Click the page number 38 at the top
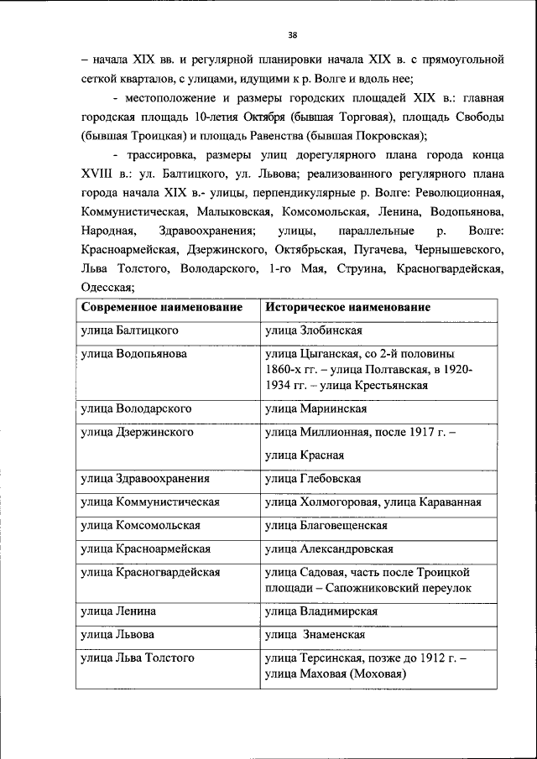[292, 34]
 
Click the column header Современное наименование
[162, 307]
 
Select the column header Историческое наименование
[347, 307]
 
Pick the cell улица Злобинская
[313, 330]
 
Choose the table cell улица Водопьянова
[133, 354]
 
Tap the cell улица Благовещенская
[326, 525]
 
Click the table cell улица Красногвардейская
[150, 572]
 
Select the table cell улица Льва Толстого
[138, 658]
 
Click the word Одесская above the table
[106, 288]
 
